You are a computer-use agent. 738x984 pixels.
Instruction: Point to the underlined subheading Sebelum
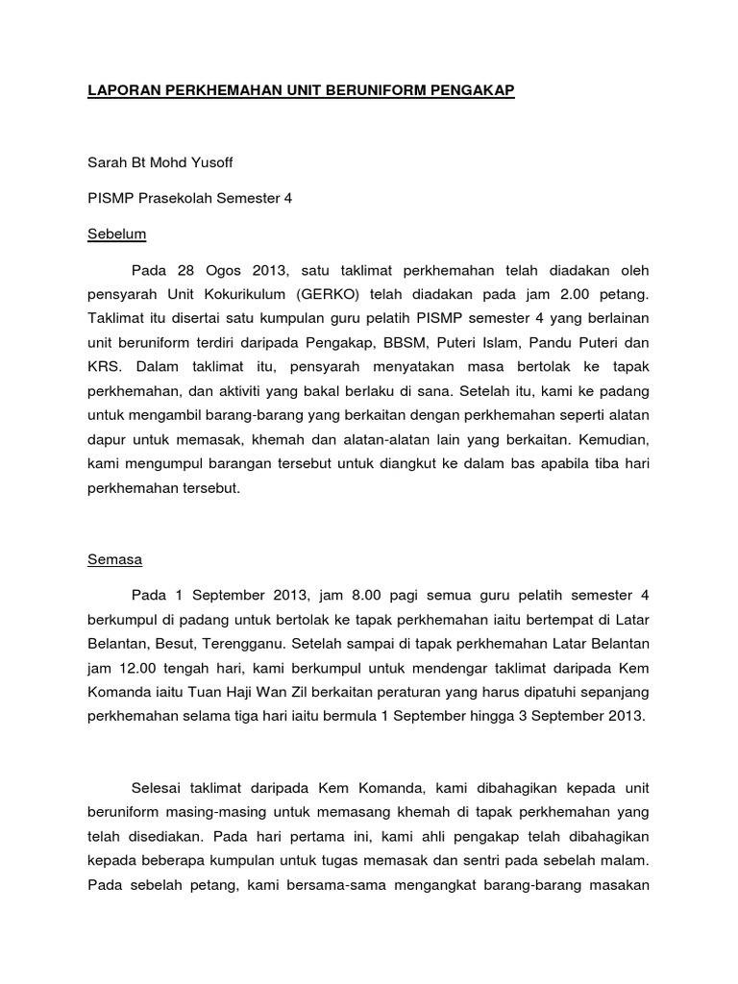(116, 234)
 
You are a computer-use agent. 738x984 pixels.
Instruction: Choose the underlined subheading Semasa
(114, 558)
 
